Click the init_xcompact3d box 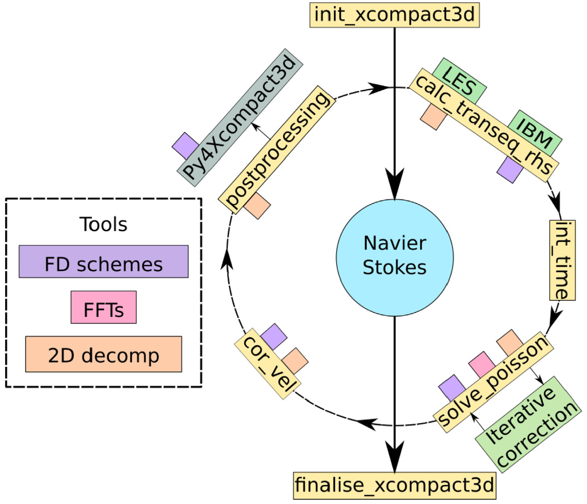pos(394,15)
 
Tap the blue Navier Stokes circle pos(394,257)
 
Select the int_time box pos(562,260)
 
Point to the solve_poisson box pos(493,381)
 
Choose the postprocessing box pos(277,149)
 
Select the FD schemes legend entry pos(104,262)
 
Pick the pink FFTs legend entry pos(104,308)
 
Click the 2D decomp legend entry pos(104,354)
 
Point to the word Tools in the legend pos(104,225)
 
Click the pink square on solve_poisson pos(481,364)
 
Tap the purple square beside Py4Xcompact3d pos(185,145)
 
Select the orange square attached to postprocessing pos(258,205)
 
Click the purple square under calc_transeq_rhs pos(509,169)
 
